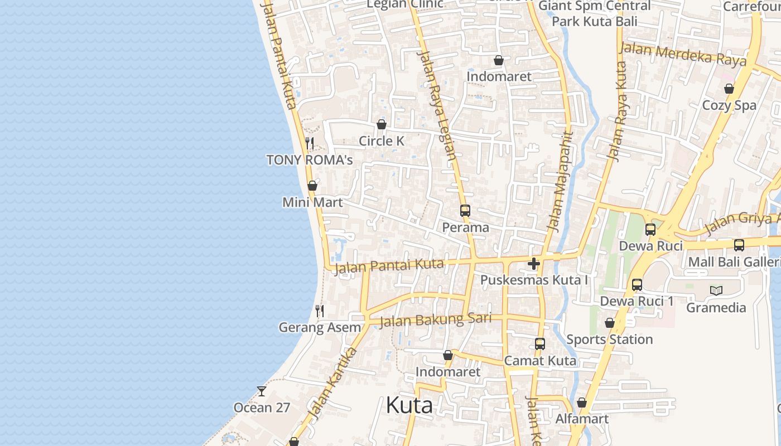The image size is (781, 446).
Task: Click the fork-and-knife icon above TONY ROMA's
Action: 310,143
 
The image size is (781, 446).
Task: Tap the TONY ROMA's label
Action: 310,160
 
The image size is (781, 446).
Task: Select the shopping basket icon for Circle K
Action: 382,124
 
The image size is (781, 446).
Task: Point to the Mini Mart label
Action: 312,202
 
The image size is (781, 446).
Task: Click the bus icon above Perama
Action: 465,211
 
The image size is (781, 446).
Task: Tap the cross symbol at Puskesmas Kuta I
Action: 534,263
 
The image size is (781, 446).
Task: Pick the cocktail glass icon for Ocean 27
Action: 261,391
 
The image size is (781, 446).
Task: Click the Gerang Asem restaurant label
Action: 320,328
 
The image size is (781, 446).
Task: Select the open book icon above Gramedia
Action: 716,290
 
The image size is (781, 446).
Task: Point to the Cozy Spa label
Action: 729,105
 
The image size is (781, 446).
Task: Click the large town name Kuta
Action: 409,405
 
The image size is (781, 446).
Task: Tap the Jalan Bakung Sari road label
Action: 435,320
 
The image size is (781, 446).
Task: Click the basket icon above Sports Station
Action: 610,323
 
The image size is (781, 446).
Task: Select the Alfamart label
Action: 582,419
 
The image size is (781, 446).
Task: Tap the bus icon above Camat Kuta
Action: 539,344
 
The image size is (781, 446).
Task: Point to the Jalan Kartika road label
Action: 332,384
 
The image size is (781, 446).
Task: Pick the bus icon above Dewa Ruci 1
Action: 637,285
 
